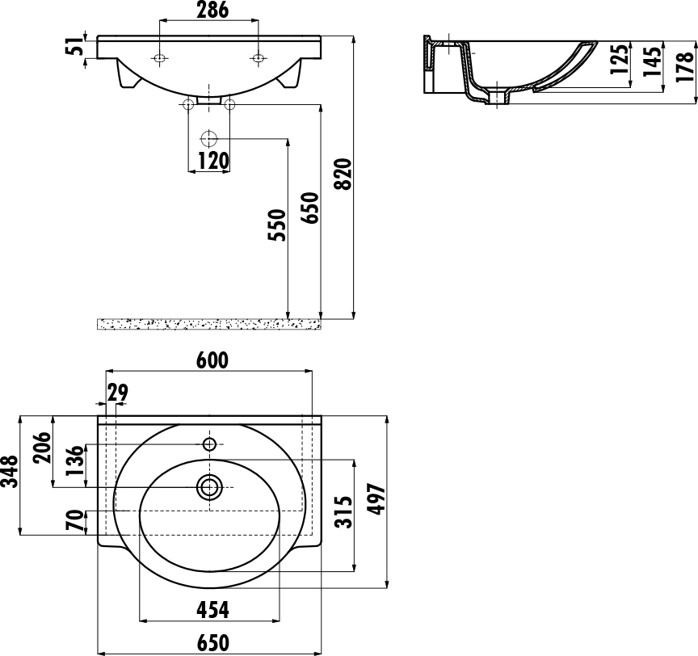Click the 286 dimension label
[212, 10]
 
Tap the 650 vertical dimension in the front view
[310, 208]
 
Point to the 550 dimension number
[277, 225]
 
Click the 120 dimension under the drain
[212, 160]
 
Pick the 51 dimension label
[75, 47]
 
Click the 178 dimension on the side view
[684, 66]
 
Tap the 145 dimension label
[652, 61]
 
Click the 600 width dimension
[212, 360]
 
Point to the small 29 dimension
[117, 393]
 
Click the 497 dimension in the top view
[377, 499]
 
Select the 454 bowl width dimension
[212, 610]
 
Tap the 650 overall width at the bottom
[212, 642]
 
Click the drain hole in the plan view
[209, 487]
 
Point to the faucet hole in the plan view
[209, 444]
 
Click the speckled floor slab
[208, 325]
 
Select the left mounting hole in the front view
[159, 58]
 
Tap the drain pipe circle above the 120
[208, 139]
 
